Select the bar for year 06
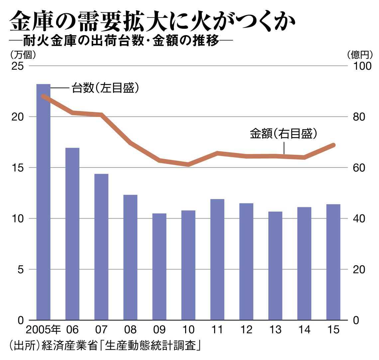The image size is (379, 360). coord(72,234)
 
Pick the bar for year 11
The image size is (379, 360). coord(217,259)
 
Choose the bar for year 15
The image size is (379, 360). coord(333,262)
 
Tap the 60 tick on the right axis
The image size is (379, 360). coord(358,168)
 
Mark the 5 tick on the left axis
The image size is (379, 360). coord(21,269)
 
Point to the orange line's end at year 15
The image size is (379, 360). coord(333,145)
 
